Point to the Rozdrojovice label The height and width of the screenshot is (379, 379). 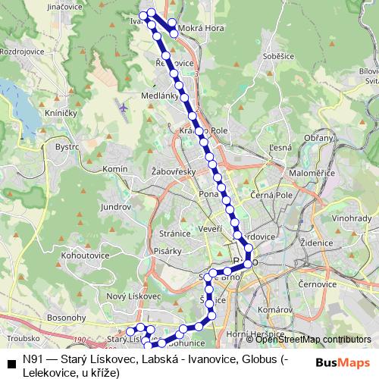point(24,52)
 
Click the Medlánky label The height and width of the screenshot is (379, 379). point(159,96)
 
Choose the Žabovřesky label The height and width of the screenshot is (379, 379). point(174,171)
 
